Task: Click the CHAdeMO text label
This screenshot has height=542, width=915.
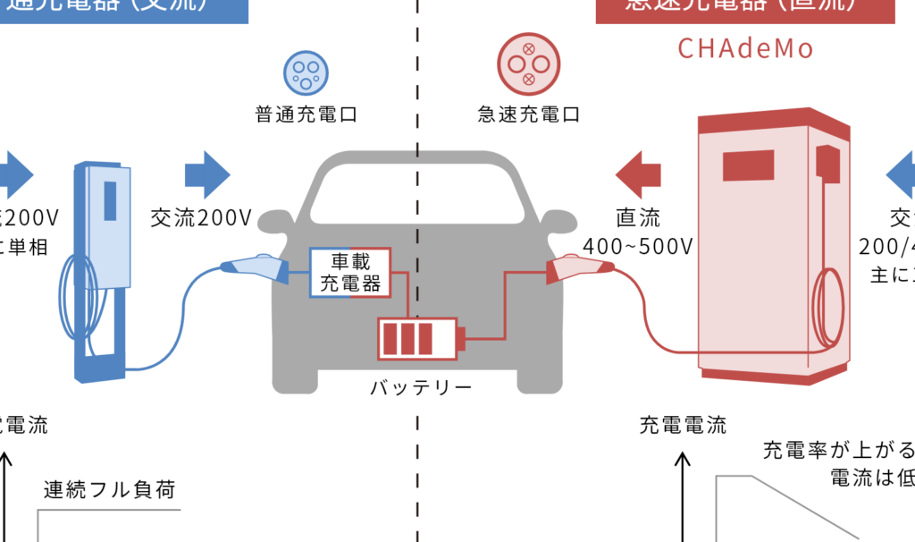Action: tap(745, 48)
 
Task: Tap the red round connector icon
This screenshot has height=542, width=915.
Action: tap(528, 64)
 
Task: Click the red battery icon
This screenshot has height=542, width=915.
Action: tap(417, 340)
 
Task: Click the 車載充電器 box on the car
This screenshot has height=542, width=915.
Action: tap(350, 273)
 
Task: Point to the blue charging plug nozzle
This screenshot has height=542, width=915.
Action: tap(253, 267)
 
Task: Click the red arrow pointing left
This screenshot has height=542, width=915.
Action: tap(639, 174)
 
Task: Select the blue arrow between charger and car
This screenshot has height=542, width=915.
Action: tap(207, 174)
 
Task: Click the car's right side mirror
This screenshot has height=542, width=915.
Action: tap(559, 221)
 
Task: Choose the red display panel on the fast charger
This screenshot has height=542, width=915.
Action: tap(748, 165)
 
